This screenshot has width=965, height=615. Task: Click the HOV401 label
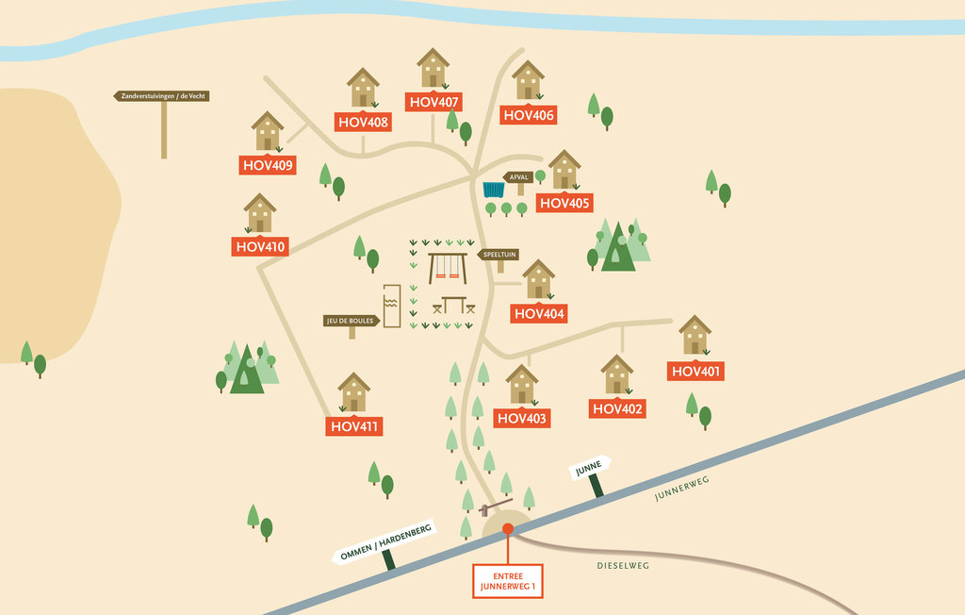pos(696,372)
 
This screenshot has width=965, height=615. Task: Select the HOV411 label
pos(354,426)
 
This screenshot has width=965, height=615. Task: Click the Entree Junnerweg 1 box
pos(507,581)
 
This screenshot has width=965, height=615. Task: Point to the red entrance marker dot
pos(507,529)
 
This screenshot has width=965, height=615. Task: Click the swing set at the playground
pos(448,267)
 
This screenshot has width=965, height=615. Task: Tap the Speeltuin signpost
pos(498,256)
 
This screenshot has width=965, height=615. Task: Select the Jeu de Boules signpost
pos(352,321)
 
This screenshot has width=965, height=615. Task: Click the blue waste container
pos(493,190)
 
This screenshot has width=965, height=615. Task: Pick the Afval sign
pos(518,177)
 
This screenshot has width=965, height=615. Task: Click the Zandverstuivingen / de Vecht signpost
pos(161,96)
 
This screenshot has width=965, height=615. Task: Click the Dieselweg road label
pos(623,566)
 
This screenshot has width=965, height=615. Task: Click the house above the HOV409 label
pos(268,131)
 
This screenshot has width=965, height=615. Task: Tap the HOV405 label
pos(564,203)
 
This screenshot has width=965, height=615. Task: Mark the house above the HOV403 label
pos(521,385)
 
